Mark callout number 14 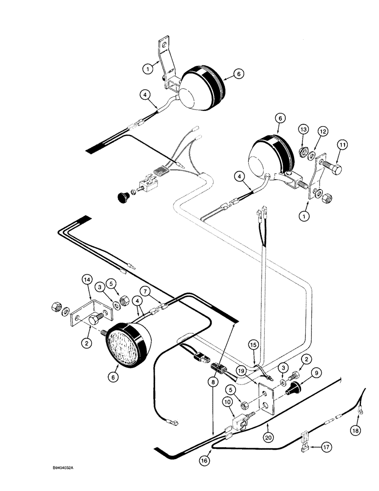[x=86, y=280]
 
